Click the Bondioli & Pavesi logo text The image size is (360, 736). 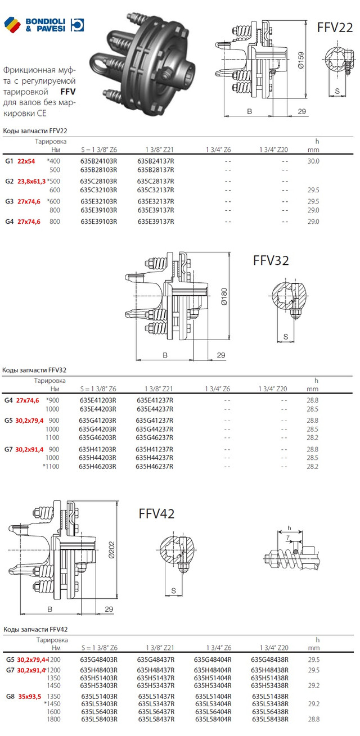click(x=46, y=25)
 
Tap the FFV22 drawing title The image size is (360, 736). click(x=335, y=28)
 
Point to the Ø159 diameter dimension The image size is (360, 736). click(x=300, y=60)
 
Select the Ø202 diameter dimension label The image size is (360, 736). click(x=111, y=550)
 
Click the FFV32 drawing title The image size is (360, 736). click(x=271, y=260)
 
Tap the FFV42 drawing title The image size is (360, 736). click(x=156, y=513)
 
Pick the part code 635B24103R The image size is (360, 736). click(x=98, y=161)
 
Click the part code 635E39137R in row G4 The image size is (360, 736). click(x=156, y=222)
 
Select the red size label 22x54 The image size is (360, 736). click(x=26, y=161)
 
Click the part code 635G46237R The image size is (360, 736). click(x=155, y=437)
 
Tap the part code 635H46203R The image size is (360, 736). click(x=98, y=466)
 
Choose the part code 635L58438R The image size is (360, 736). click(x=270, y=719)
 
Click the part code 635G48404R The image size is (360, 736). click(x=213, y=659)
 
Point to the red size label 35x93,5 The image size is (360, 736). click(x=30, y=696)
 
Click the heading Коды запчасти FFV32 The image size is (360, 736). click(x=34, y=370)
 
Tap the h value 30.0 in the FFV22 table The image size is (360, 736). click(x=313, y=161)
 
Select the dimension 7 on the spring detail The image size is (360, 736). click(x=287, y=538)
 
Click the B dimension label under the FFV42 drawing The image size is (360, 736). click(x=50, y=609)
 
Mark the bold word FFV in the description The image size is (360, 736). click(x=68, y=92)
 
